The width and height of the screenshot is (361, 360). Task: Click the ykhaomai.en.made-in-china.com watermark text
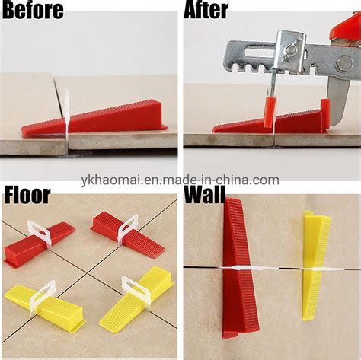point(180,180)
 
